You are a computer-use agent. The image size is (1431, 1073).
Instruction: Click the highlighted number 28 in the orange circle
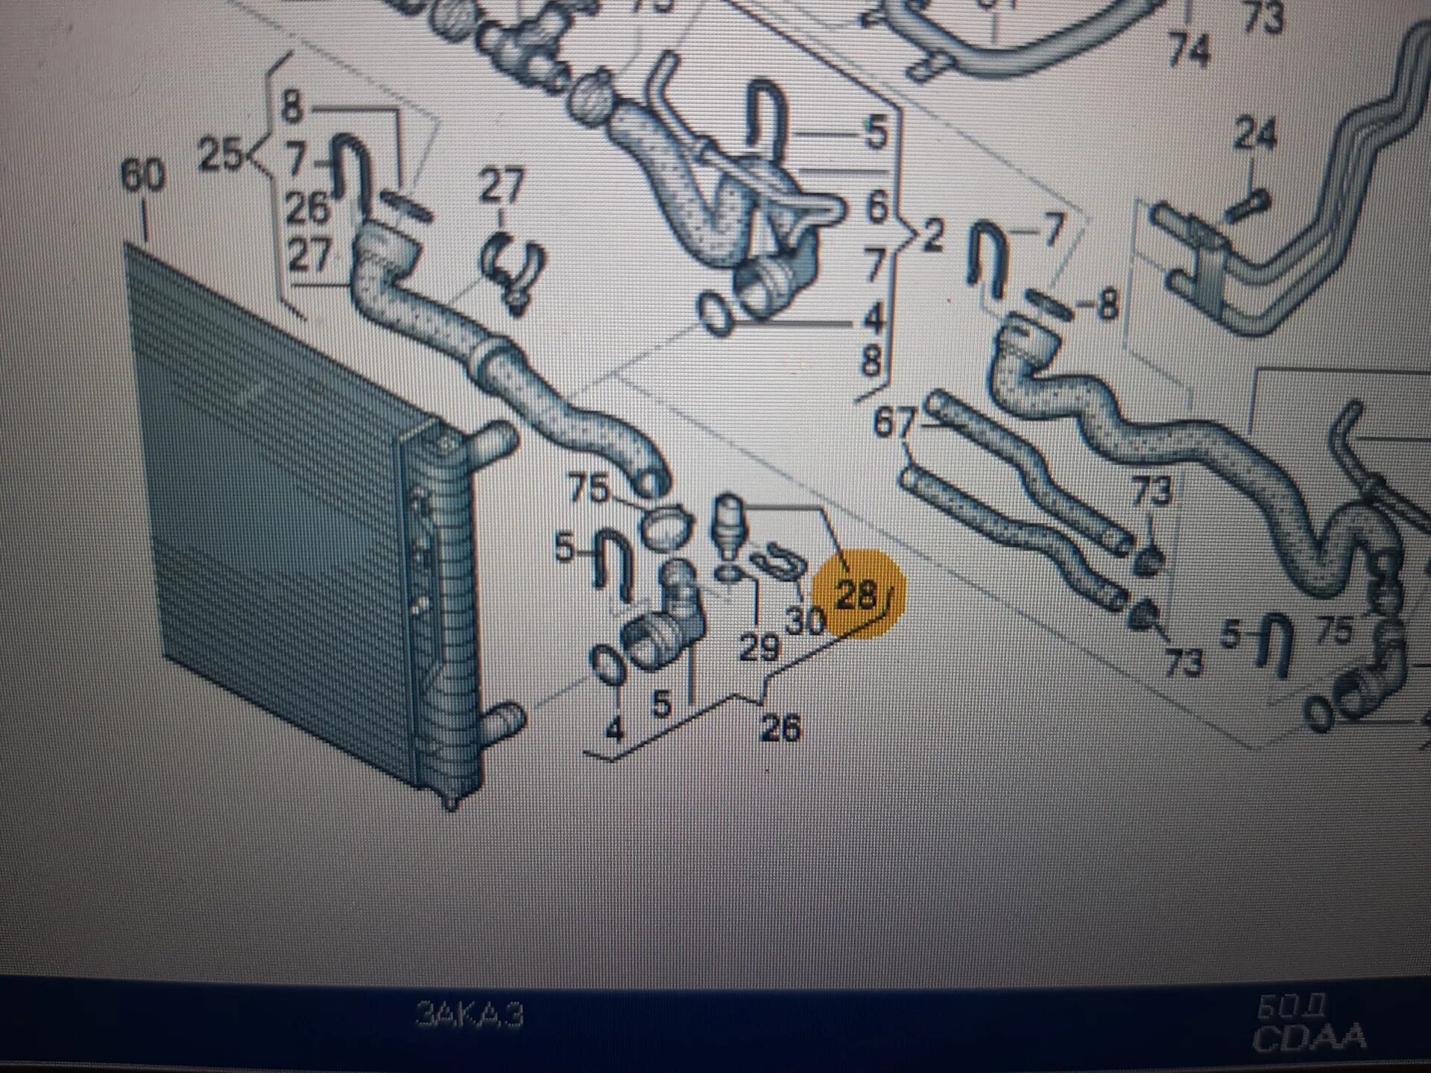click(x=856, y=595)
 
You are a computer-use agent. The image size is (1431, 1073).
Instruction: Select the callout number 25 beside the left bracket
click(x=221, y=156)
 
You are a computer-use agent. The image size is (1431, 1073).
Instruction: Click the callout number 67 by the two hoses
click(x=894, y=424)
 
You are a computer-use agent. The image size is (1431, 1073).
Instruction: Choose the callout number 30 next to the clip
click(x=806, y=621)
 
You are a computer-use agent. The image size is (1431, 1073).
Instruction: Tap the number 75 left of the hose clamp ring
click(x=589, y=490)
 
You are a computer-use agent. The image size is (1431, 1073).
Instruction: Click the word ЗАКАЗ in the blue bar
click(x=470, y=1014)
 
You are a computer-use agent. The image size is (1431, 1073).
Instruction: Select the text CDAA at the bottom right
click(x=1310, y=1038)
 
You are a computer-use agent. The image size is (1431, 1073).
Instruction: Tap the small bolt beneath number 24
click(x=1247, y=203)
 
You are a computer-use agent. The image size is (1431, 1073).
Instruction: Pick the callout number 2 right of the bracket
click(x=932, y=236)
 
